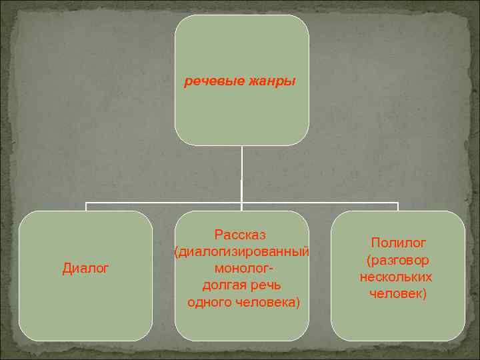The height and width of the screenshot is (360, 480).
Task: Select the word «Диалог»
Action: [x=85, y=269]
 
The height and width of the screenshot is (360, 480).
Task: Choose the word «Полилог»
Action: [x=398, y=243]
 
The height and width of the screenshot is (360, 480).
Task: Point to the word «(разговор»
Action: [x=398, y=259]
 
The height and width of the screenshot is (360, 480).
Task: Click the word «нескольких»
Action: [x=396, y=276]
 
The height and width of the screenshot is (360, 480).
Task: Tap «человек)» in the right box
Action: [x=398, y=293]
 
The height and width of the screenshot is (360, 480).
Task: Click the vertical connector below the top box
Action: [x=241, y=173]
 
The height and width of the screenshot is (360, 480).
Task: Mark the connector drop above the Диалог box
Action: [x=85, y=207]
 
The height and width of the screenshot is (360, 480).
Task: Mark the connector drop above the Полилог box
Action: [x=398, y=207]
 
